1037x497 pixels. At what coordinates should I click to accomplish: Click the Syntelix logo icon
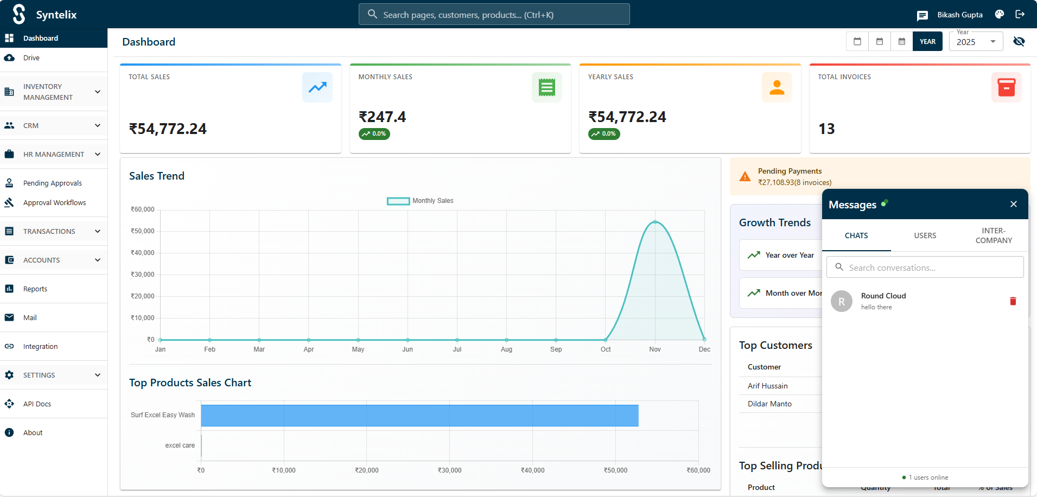point(19,14)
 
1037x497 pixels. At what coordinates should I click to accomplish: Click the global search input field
point(494,15)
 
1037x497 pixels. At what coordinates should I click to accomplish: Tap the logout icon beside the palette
point(1020,15)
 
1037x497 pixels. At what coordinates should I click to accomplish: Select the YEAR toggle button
point(927,42)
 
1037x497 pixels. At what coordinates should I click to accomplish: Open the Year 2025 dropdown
point(976,42)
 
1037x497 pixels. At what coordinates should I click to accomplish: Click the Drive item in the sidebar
point(31,58)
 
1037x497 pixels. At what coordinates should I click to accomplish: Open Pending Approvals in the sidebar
point(52,183)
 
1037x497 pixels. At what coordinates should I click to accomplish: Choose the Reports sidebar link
point(35,289)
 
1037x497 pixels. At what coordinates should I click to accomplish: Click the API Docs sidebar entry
point(37,404)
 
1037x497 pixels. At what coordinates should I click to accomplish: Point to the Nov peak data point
point(655,222)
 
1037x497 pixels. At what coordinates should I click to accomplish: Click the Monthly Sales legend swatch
point(398,201)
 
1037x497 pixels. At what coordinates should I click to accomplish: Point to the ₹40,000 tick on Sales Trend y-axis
point(143,253)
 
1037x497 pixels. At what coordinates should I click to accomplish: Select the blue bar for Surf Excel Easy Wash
point(419,416)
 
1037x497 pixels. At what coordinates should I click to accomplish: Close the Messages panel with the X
point(1013,204)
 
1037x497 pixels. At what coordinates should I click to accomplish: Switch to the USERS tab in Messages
point(925,235)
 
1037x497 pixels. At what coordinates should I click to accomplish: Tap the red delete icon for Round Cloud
point(1013,301)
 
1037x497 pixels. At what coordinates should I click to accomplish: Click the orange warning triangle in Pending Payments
point(745,177)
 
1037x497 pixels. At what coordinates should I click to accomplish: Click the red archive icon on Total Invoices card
point(1006,87)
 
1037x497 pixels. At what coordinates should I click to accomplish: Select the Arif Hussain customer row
point(768,386)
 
